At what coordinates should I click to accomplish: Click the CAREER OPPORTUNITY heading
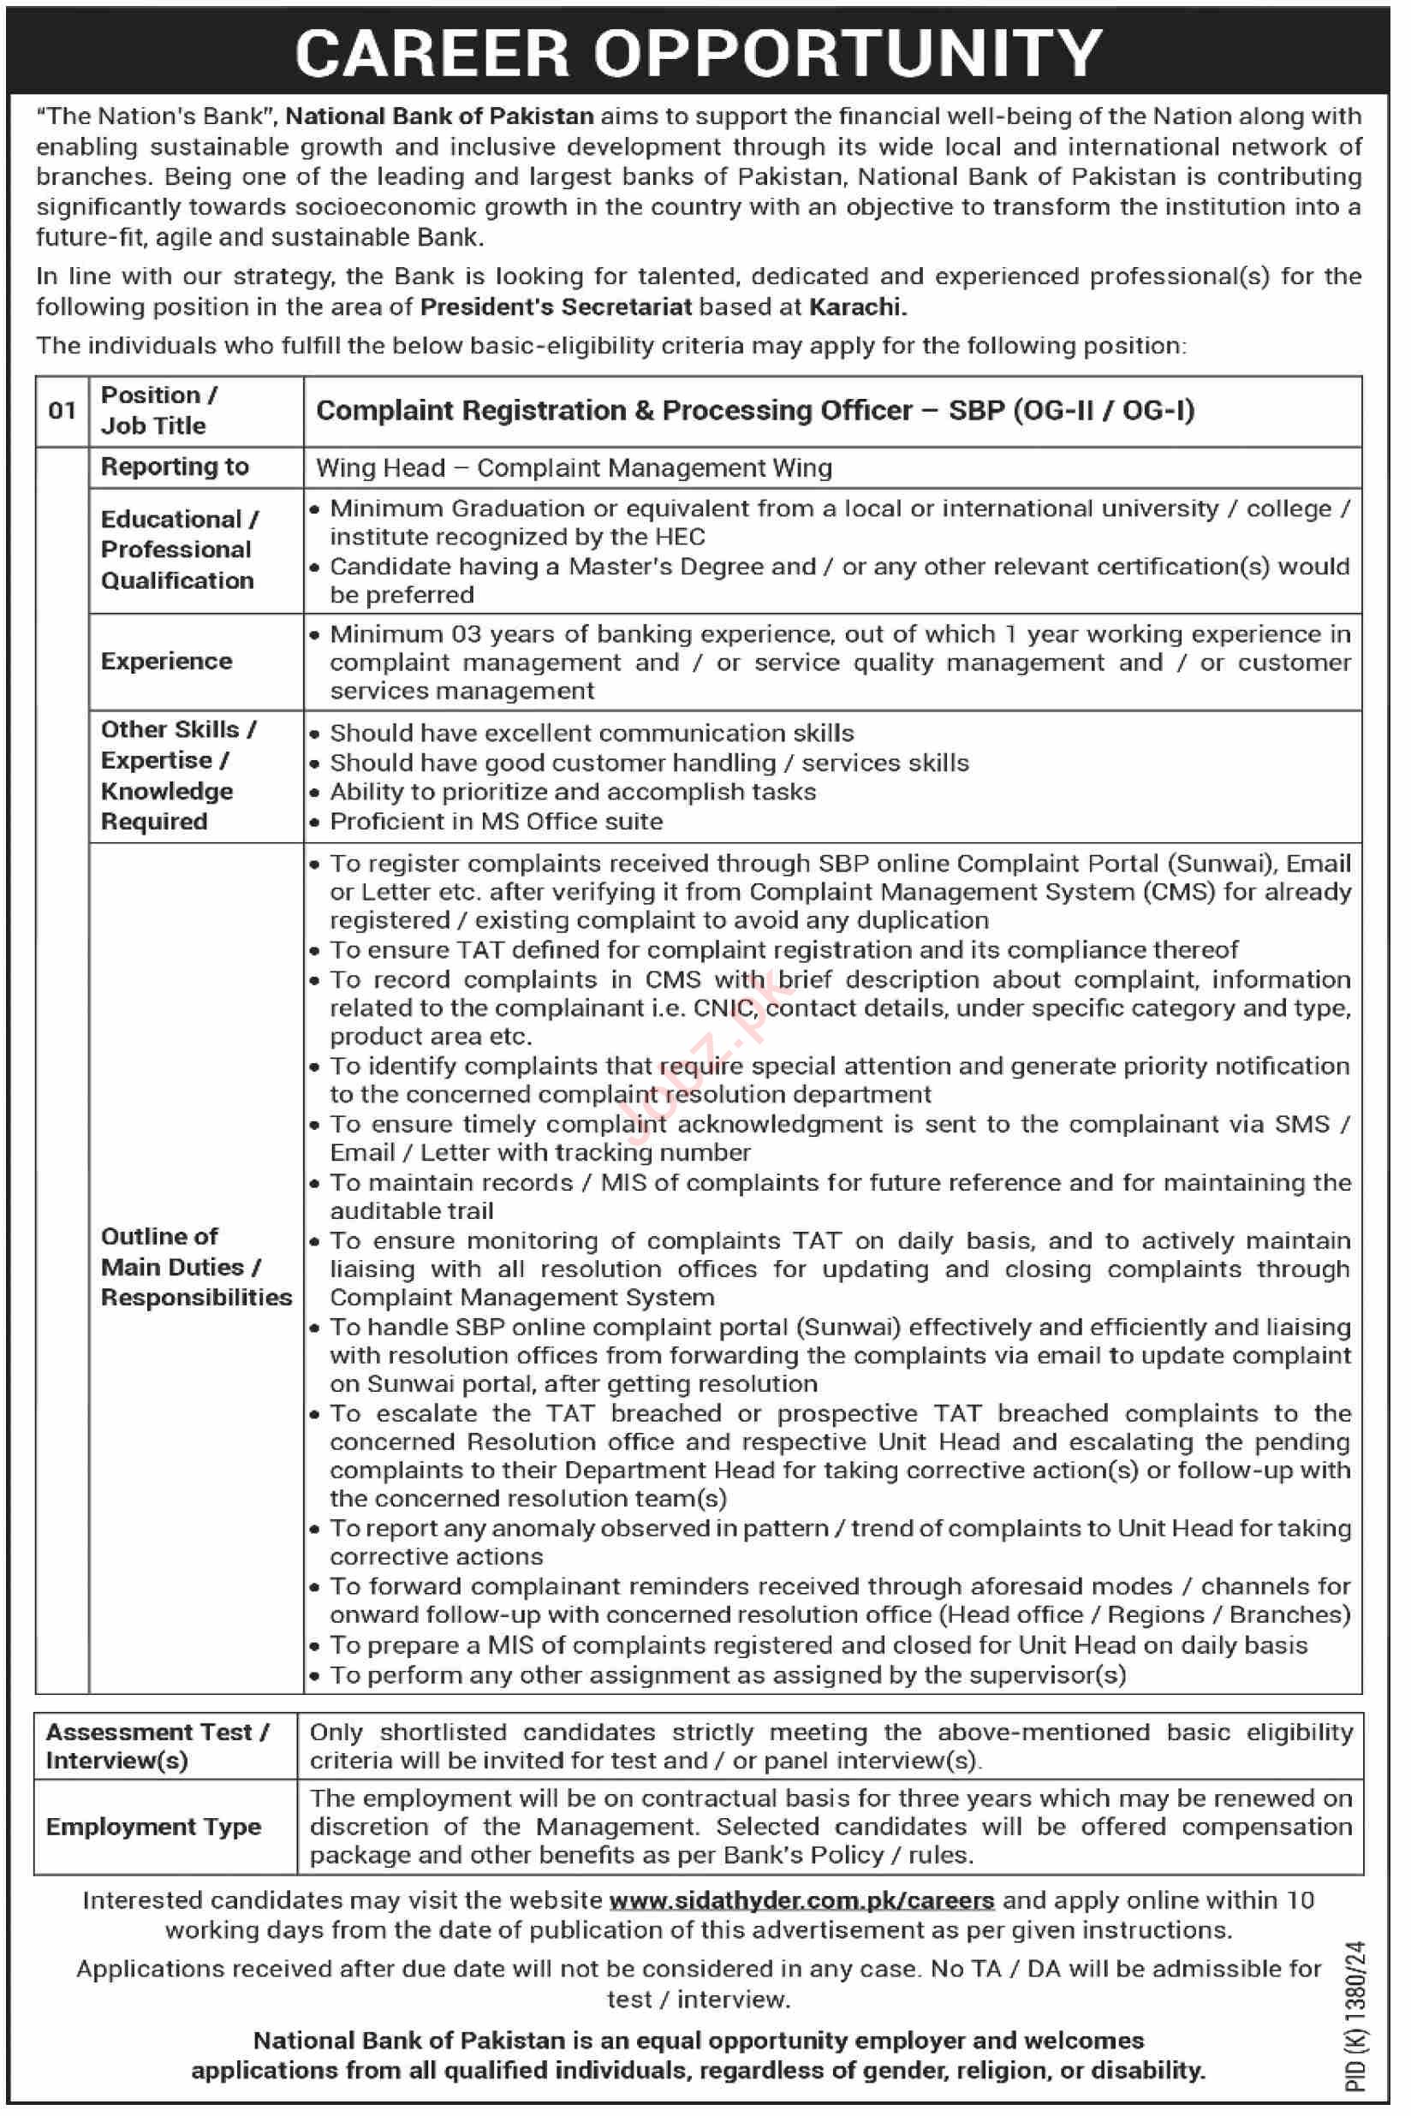[700, 53]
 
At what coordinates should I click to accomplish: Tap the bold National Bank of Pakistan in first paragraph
[439, 116]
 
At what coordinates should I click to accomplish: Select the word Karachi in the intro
[857, 306]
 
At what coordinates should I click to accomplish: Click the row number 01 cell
[63, 411]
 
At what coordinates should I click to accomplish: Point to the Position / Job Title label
[158, 410]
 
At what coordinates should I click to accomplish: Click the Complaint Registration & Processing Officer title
[755, 410]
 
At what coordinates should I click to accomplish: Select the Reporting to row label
[175, 467]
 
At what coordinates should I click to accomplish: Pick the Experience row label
[166, 661]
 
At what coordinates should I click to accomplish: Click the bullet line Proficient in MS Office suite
[496, 822]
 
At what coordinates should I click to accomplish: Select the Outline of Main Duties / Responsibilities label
[195, 1267]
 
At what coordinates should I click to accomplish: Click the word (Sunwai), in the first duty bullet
[1222, 864]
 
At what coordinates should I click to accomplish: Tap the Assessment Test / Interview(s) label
[158, 1745]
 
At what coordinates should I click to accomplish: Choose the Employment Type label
[153, 1828]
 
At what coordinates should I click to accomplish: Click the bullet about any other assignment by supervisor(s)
[727, 1675]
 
